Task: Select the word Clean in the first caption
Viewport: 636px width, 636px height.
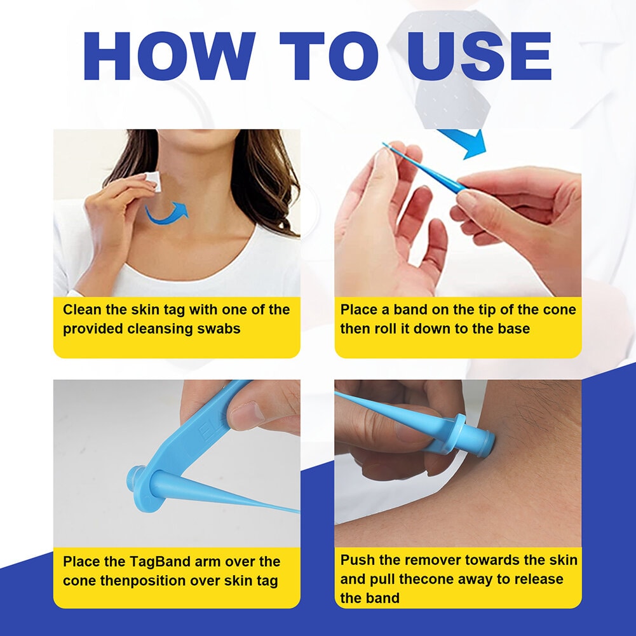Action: [82, 310]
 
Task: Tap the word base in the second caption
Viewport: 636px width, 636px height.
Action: [513, 329]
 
